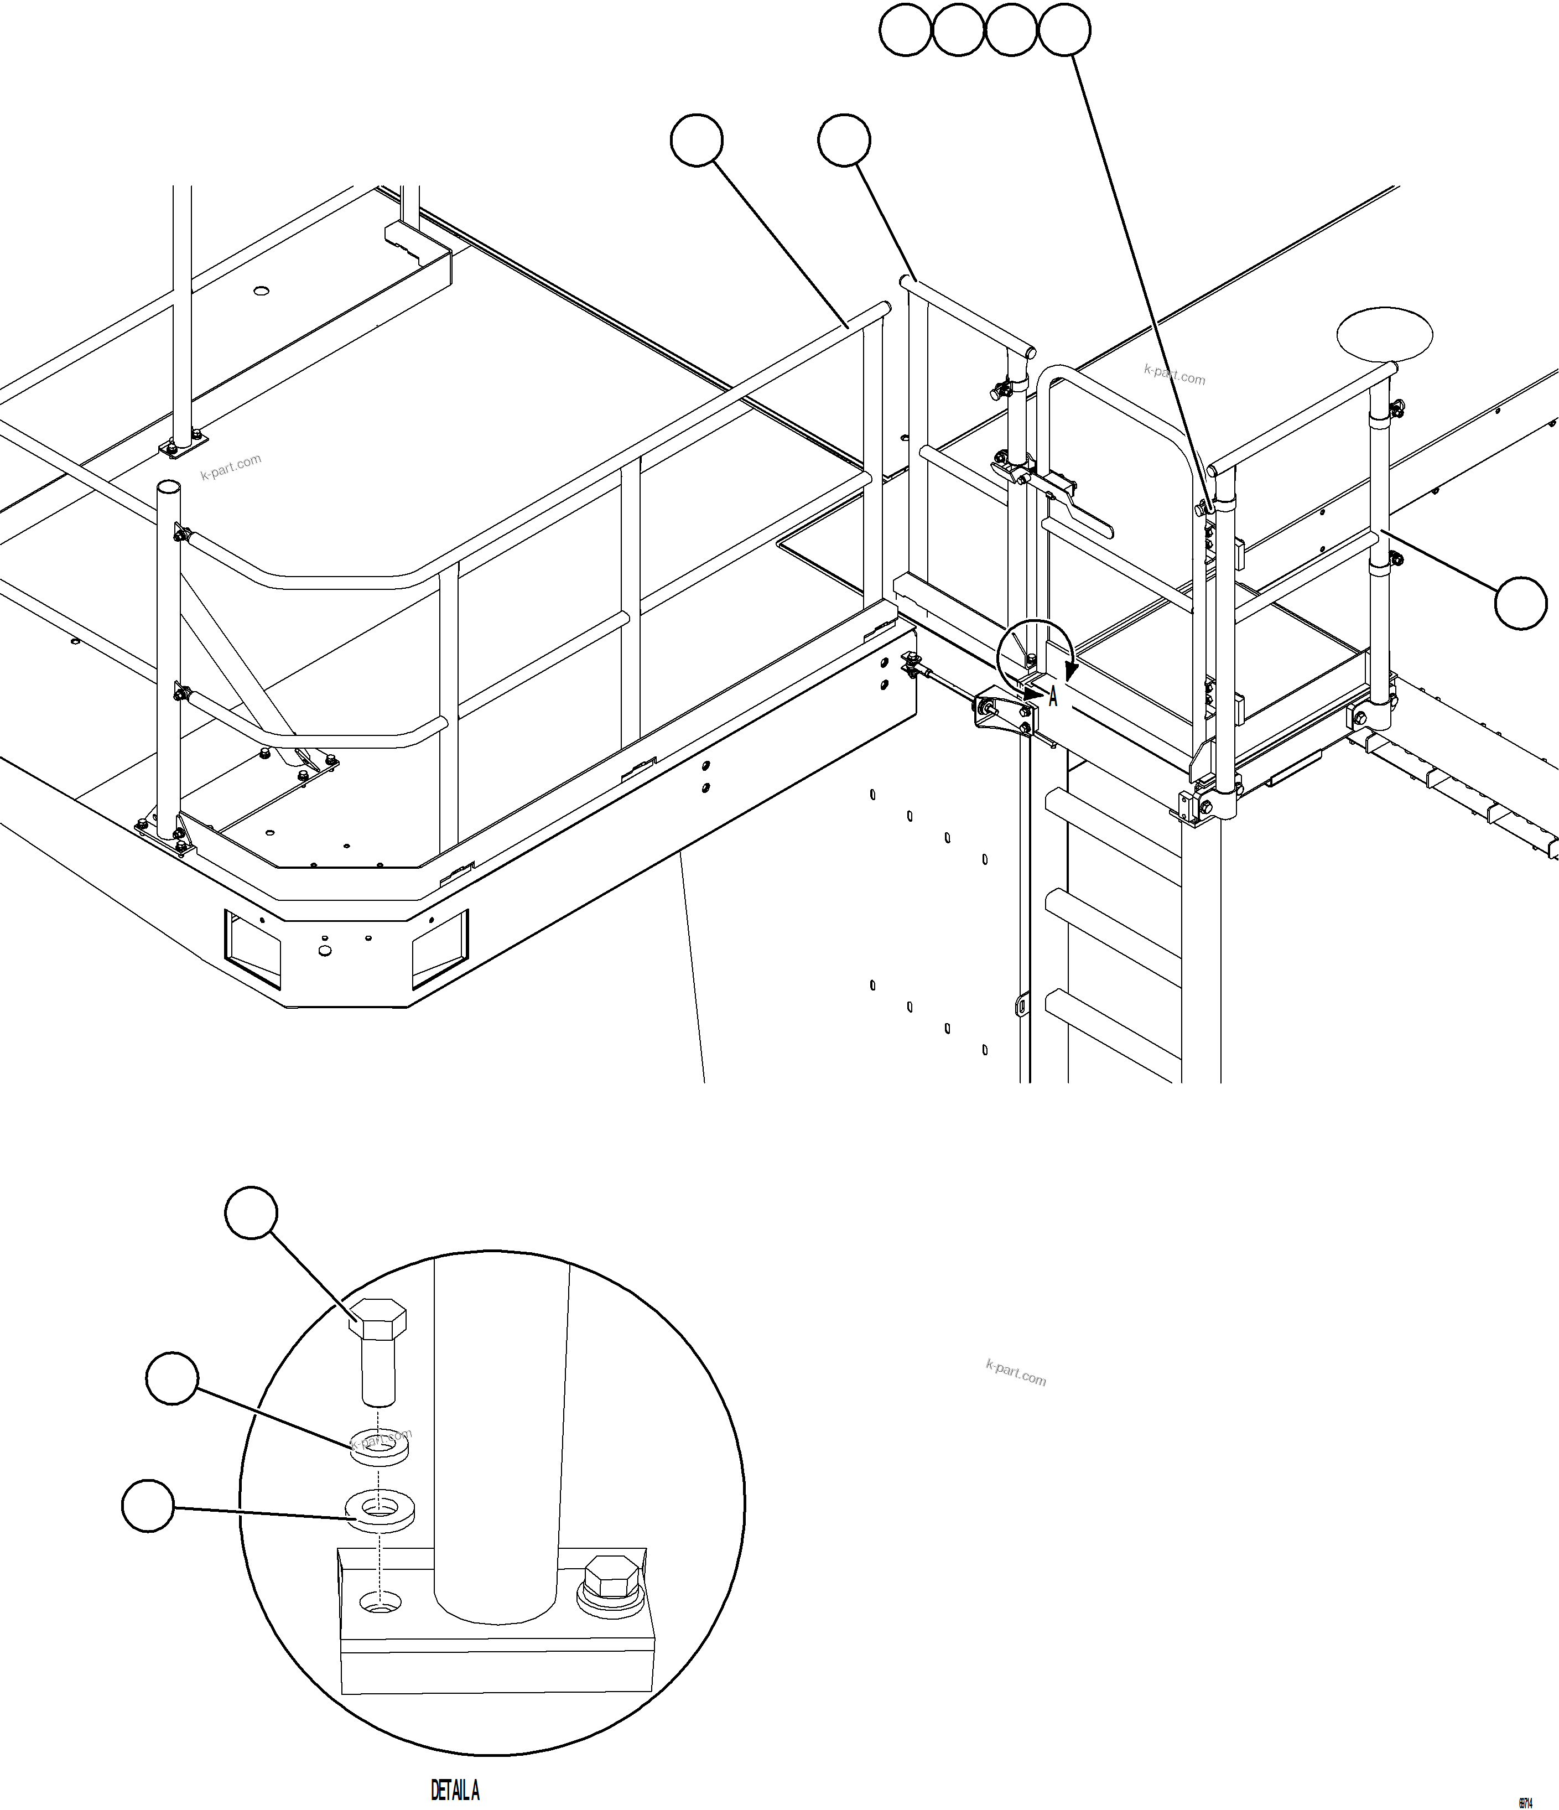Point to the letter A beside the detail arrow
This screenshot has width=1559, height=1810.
[x=1053, y=697]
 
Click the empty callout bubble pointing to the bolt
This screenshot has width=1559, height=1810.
[x=252, y=1212]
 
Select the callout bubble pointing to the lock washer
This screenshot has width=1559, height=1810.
[x=172, y=1378]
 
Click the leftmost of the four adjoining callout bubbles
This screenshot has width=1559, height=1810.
[x=905, y=30]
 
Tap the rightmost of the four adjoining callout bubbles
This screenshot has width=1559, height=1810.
[x=1064, y=30]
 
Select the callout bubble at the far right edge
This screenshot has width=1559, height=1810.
[x=1521, y=603]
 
